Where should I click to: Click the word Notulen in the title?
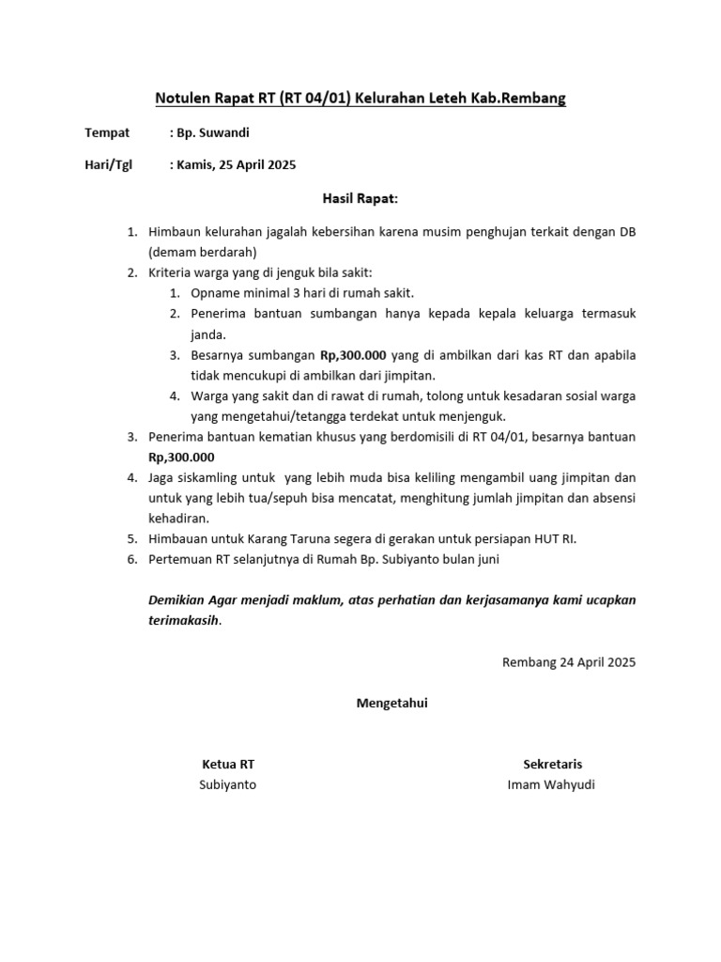tap(181, 98)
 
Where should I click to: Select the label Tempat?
tap(107, 132)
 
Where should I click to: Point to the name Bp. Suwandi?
tap(213, 132)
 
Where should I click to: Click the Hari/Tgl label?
tap(109, 165)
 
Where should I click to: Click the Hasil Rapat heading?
tap(360, 198)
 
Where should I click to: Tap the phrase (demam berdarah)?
tap(202, 253)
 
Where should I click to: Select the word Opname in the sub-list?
tap(212, 293)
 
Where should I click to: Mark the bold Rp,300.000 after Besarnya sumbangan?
tap(353, 355)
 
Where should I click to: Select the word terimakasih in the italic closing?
tap(184, 620)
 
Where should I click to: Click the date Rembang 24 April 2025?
tap(569, 661)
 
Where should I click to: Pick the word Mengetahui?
tap(391, 703)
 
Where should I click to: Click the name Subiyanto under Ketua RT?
tap(227, 784)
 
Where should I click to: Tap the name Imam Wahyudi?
tap(551, 784)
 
